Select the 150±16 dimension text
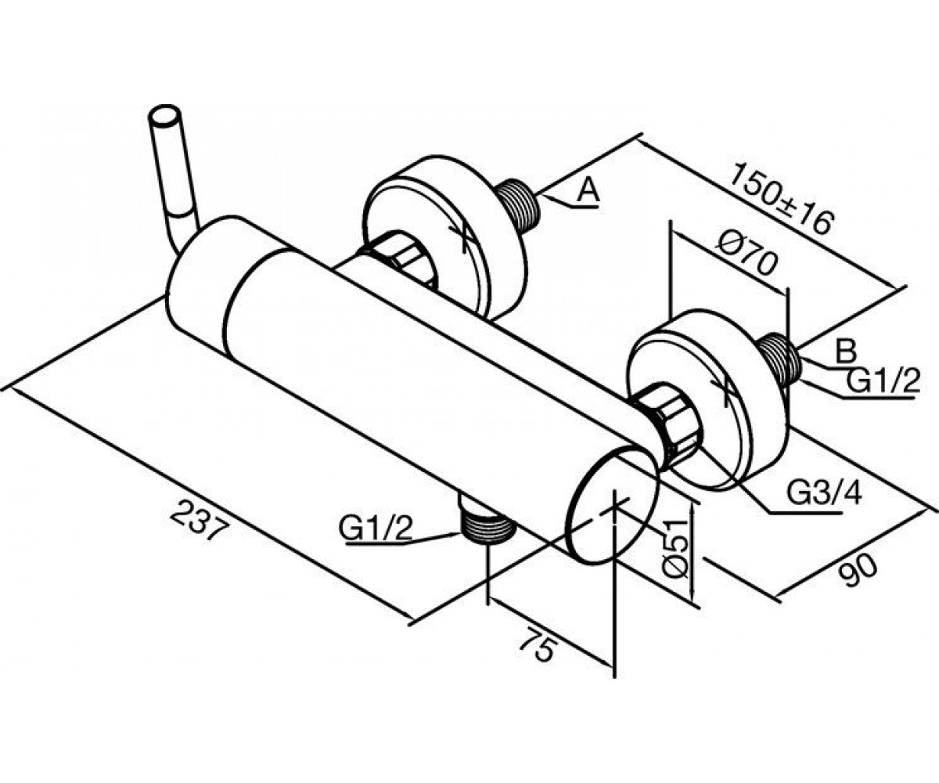pyautogui.click(x=779, y=199)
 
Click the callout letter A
pyautogui.click(x=588, y=191)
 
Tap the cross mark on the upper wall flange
pyautogui.click(x=464, y=233)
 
